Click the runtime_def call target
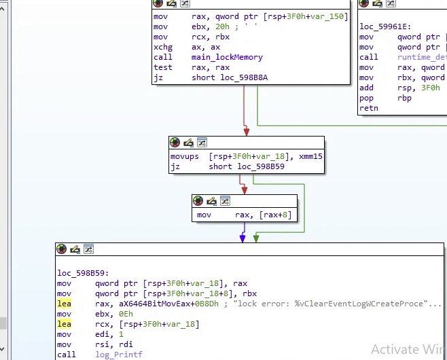tap(421, 57)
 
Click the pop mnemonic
tap(367, 98)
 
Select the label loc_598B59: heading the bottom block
tap(84, 273)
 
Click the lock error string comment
tap(340, 304)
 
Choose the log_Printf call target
tap(119, 355)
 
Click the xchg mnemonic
tap(163, 47)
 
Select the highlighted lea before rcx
tap(64, 324)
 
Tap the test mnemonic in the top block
tap(163, 67)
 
